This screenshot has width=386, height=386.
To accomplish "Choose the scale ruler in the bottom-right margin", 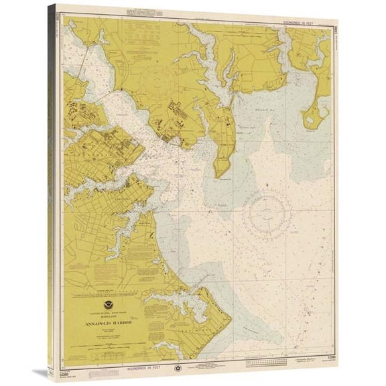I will click(x=264, y=362).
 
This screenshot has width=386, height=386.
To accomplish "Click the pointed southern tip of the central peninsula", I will click(x=220, y=174).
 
